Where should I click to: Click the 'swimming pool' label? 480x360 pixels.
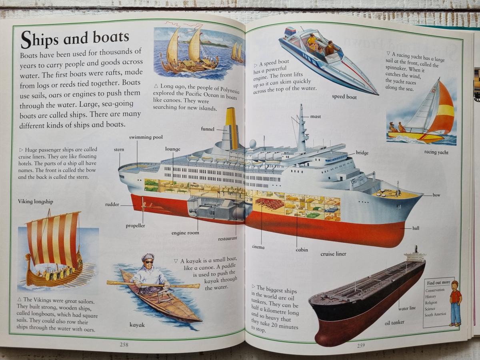pyautogui.click(x=146, y=137)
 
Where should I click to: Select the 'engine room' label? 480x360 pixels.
pyautogui.click(x=185, y=233)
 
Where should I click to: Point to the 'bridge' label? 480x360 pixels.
pyautogui.click(x=362, y=153)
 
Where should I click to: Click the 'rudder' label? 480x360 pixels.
pyautogui.click(x=112, y=205)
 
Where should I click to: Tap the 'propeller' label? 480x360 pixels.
pyautogui.click(x=135, y=226)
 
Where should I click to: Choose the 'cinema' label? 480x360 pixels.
pyautogui.click(x=258, y=247)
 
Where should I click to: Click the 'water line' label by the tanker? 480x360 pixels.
pyautogui.click(x=407, y=308)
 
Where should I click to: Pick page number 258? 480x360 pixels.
pyautogui.click(x=124, y=344)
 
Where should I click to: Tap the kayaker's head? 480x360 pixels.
pyautogui.click(x=148, y=260)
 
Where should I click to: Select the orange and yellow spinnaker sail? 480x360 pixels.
pyautogui.click(x=444, y=110)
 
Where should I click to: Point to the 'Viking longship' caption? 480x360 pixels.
pyautogui.click(x=35, y=202)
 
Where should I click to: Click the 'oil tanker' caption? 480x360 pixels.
pyautogui.click(x=394, y=322)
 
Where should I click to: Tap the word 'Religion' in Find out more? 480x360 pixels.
pyautogui.click(x=431, y=302)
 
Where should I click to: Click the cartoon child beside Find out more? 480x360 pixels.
pyautogui.click(x=455, y=303)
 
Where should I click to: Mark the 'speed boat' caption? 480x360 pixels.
pyautogui.click(x=344, y=97)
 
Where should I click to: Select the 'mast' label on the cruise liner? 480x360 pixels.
pyautogui.click(x=316, y=117)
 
